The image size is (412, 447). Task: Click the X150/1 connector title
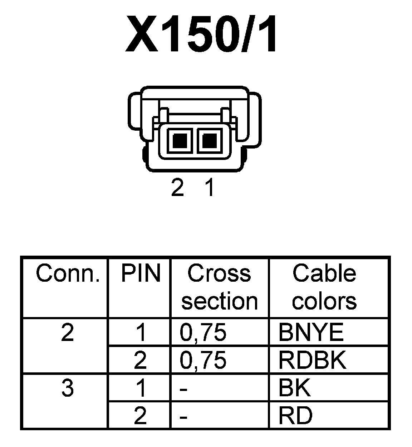click(201, 34)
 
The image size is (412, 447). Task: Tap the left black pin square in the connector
click(180, 140)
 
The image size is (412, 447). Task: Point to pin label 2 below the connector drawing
click(177, 188)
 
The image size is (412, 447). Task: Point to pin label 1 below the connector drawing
click(210, 188)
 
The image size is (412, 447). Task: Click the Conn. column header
click(67, 274)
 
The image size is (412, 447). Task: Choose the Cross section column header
click(219, 287)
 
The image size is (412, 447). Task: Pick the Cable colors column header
click(324, 287)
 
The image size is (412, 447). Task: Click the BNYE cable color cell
click(311, 333)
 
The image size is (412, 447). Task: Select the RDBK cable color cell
click(312, 360)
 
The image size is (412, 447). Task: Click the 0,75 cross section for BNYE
click(203, 333)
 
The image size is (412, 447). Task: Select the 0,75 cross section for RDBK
click(203, 360)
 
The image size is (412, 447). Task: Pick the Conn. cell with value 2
click(67, 333)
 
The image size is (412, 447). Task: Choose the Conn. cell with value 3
click(67, 388)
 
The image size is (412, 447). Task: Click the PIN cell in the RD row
click(140, 415)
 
